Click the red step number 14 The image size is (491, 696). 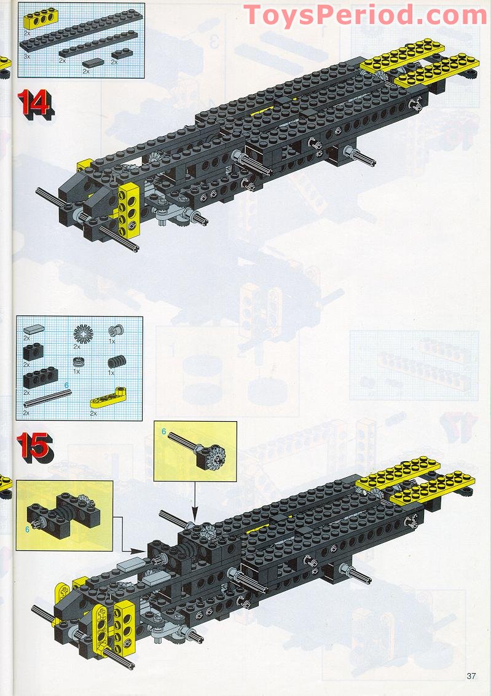34,103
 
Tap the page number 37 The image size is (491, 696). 471,676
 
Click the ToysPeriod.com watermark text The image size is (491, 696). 366,15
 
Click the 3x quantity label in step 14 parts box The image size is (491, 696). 26,55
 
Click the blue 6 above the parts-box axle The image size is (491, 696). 66,385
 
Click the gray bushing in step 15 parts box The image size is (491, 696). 113,332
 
